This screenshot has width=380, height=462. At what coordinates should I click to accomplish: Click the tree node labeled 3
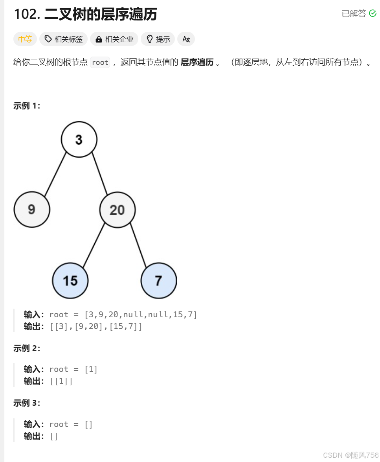(79, 140)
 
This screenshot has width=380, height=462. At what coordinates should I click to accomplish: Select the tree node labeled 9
(32, 210)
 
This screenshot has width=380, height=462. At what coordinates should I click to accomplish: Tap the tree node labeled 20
(117, 210)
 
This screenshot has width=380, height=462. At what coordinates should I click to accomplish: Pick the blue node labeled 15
(70, 281)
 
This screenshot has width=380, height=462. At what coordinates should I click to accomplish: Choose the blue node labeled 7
(158, 281)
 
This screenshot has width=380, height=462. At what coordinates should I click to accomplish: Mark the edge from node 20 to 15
(94, 245)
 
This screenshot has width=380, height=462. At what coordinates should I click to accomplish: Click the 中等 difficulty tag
(25, 39)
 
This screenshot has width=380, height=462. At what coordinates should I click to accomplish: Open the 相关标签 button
(64, 39)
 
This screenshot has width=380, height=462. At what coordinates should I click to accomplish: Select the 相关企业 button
(114, 39)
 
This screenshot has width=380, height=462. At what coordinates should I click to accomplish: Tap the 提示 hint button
(158, 39)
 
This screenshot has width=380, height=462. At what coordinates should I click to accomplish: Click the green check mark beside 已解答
(373, 14)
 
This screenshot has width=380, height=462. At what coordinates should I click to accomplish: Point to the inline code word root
(100, 63)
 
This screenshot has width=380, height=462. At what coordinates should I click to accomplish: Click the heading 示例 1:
(27, 106)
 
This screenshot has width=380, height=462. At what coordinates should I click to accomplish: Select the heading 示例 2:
(27, 348)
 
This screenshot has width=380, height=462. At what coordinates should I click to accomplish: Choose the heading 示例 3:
(27, 403)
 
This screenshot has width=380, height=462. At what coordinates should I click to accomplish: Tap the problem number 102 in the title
(26, 15)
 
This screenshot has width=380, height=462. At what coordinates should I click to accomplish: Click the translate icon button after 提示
(186, 39)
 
